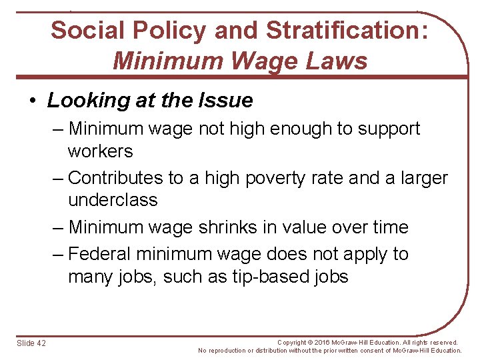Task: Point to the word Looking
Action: [x=84, y=101]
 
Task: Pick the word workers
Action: [x=100, y=151]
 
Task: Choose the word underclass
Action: [x=113, y=200]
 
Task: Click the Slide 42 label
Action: [x=32, y=343]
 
